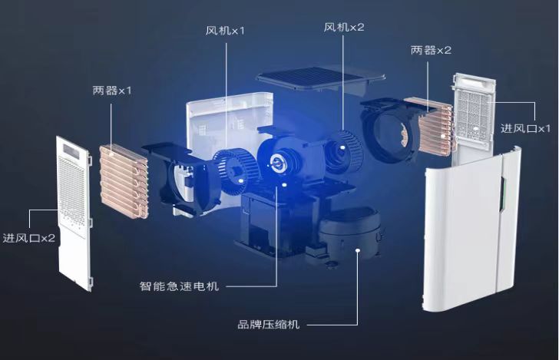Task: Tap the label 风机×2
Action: (343, 27)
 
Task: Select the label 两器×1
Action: (112, 91)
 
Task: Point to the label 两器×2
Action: (431, 50)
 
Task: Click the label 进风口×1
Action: (526, 127)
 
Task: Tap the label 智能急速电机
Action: (179, 286)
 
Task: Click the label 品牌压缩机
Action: (269, 324)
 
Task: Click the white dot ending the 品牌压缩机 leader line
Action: (358, 249)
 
